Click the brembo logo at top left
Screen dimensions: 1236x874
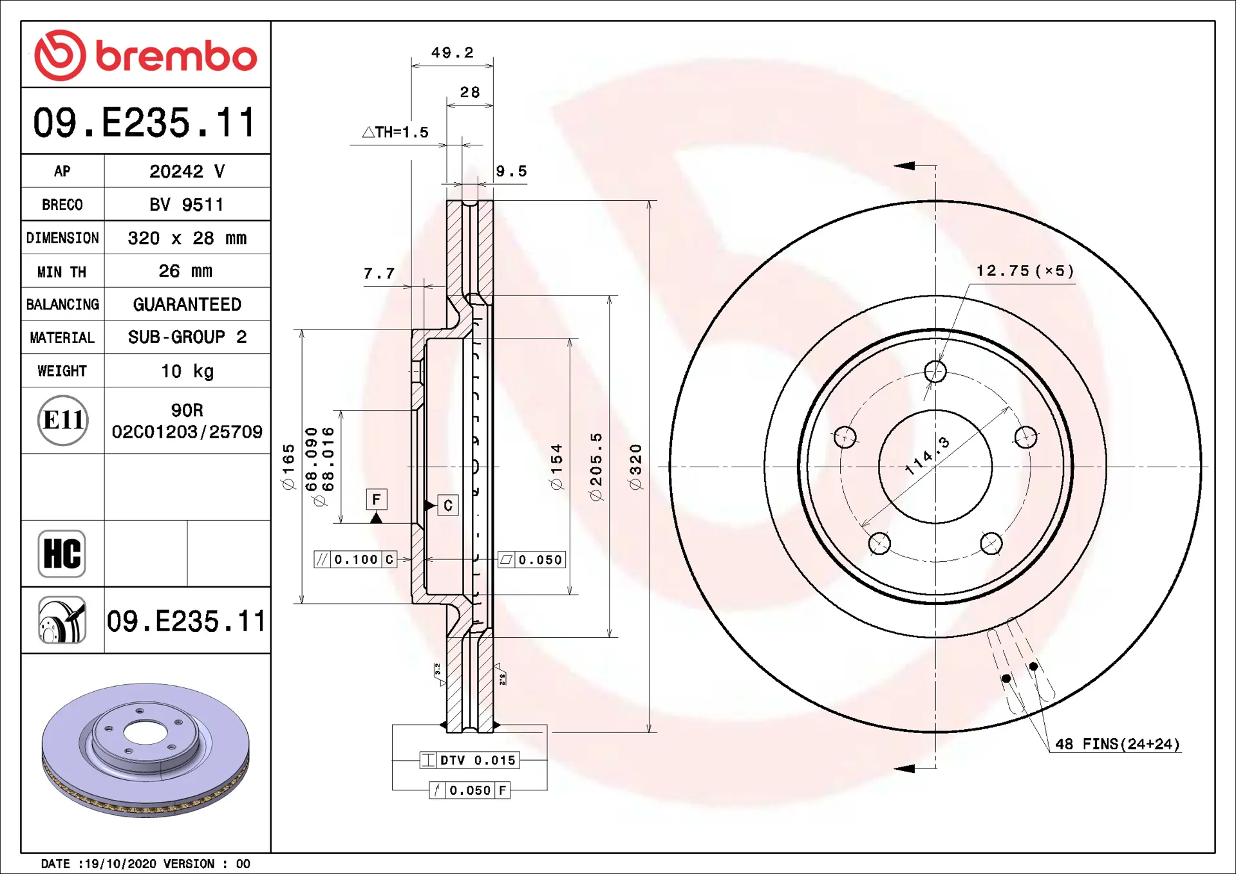[145, 55]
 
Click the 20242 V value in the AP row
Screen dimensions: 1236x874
[187, 171]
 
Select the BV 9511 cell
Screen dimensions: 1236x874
[187, 205]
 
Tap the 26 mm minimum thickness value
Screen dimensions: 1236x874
[185, 271]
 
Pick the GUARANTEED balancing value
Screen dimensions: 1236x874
[187, 304]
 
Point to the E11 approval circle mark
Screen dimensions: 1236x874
[62, 420]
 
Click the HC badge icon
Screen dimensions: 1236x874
[62, 553]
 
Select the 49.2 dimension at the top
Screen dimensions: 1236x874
[453, 52]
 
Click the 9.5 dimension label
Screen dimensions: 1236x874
[511, 171]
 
